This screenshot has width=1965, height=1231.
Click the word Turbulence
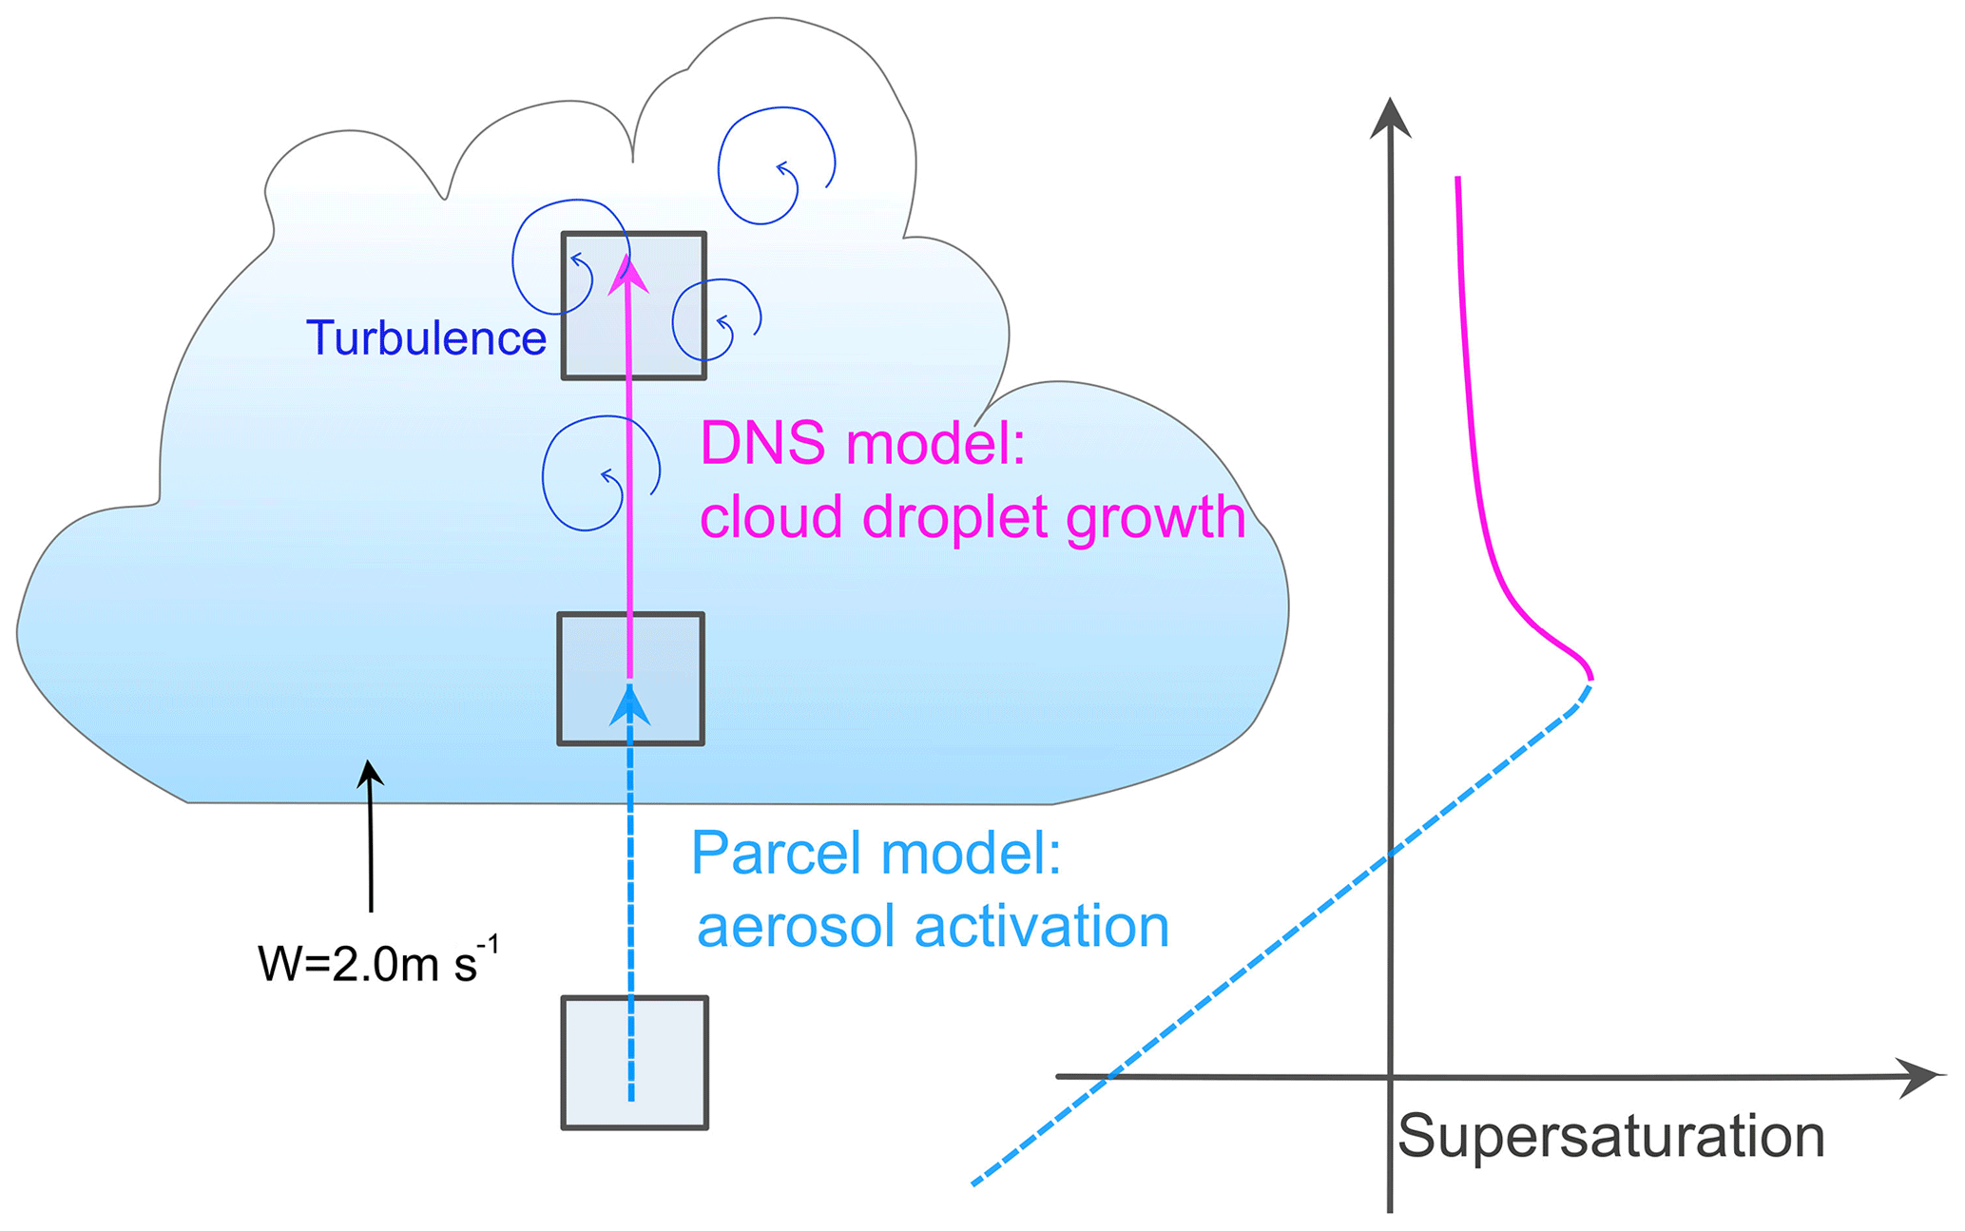pos(426,338)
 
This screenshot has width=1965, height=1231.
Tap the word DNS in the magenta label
pos(762,444)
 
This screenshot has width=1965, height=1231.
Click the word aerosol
pos(797,927)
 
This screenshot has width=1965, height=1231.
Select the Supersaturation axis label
pos(1610,1136)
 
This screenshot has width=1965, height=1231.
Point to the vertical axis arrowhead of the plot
pos(1390,119)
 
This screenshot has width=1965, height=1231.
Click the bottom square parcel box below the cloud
pos(635,1062)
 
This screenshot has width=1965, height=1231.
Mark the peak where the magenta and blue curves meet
pos(1590,679)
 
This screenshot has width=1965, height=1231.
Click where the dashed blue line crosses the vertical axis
pos(1390,854)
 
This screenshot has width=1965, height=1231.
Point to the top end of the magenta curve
pos(1457,179)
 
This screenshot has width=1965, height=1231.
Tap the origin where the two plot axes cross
pos(1390,1077)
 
